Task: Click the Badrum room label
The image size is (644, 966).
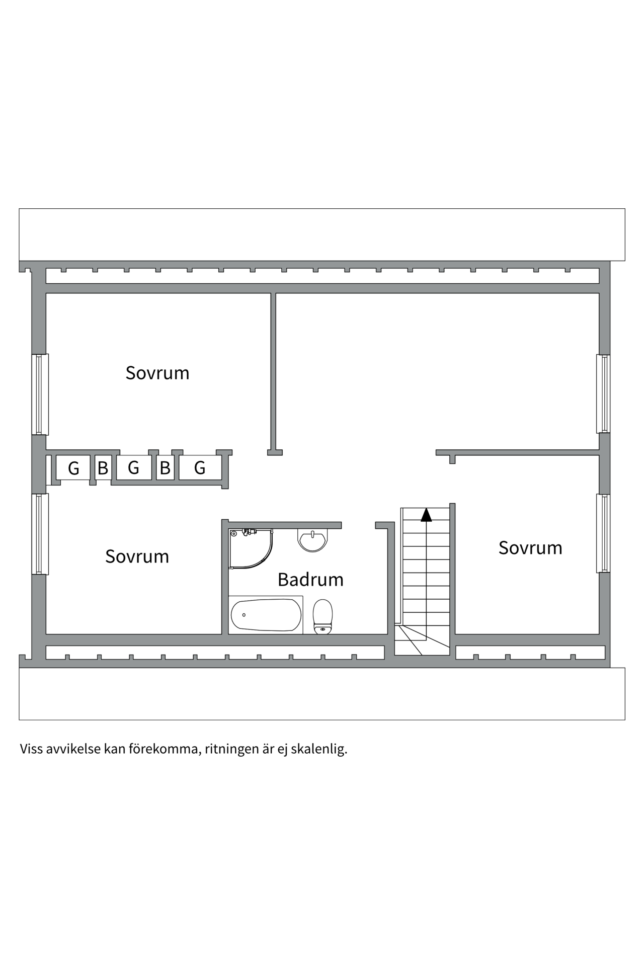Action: tap(310, 580)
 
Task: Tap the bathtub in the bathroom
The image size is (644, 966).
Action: tap(266, 615)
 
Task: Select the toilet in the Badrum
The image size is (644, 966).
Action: tap(323, 616)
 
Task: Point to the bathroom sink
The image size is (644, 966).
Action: tap(313, 540)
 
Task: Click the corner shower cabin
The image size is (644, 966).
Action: tap(251, 548)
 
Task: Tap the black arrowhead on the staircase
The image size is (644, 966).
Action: tap(426, 514)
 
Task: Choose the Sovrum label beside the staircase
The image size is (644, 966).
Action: tap(530, 548)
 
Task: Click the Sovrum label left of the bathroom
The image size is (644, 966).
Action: tap(137, 556)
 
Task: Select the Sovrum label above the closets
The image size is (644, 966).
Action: tap(157, 373)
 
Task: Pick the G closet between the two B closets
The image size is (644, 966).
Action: tap(133, 468)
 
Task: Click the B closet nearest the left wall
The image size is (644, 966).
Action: tap(103, 468)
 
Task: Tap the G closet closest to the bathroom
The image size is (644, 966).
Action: tap(200, 468)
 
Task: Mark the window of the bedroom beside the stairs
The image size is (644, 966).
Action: tap(603, 533)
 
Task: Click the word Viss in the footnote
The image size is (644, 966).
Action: tap(31, 749)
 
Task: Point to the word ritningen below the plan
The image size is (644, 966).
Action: tap(231, 750)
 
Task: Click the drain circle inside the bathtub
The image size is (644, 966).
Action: tap(244, 615)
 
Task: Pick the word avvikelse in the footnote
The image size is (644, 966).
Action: tap(73, 749)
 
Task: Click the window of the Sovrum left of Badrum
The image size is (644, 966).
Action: tap(40, 534)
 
